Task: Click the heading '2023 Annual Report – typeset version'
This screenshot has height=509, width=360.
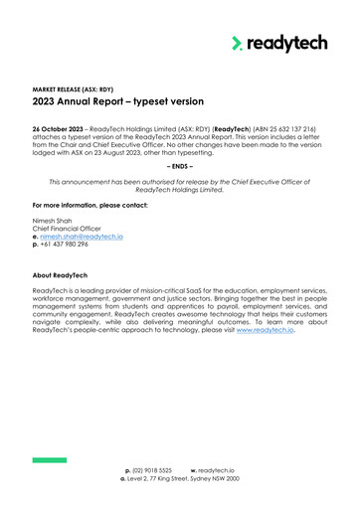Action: [x=118, y=101]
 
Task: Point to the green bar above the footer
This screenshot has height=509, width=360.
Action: [x=49, y=459]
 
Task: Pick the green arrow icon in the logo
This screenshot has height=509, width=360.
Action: [x=237, y=43]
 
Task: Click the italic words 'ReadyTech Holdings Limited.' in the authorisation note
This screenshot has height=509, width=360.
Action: [x=180, y=190]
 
